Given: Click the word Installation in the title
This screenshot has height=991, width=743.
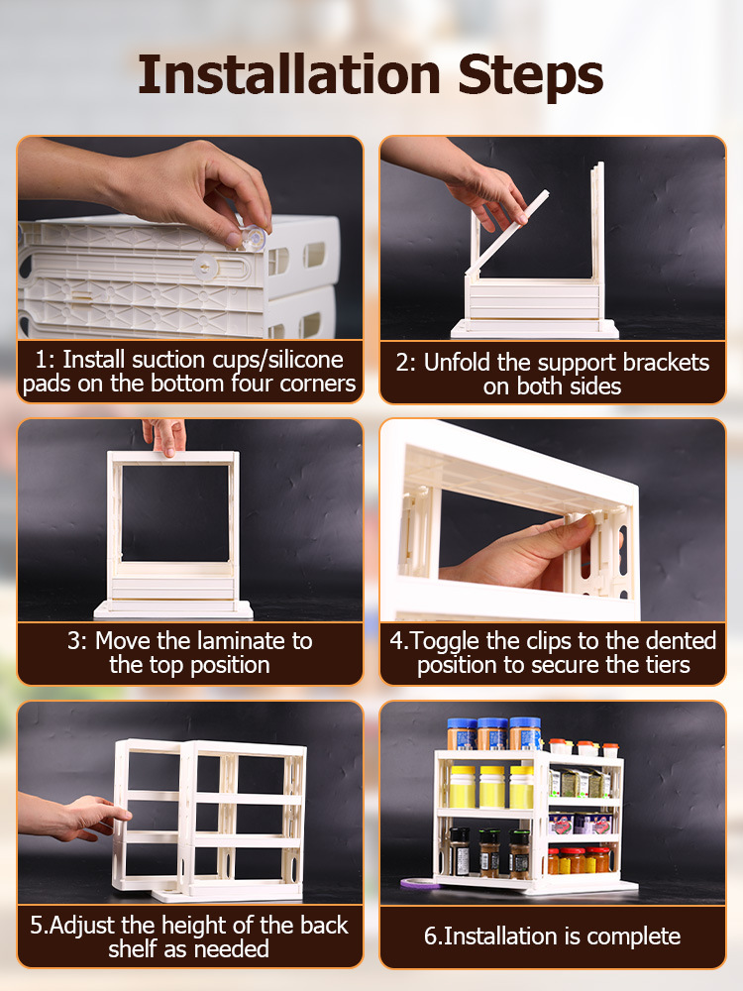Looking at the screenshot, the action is [x=288, y=74].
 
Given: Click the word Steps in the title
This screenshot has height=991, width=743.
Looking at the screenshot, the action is [x=531, y=77].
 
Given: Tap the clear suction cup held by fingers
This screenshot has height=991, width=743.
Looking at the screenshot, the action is [x=254, y=238].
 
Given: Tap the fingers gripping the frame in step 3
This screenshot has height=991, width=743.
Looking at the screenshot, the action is [x=164, y=436].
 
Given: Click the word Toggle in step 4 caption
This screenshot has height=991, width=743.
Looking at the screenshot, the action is [x=443, y=641].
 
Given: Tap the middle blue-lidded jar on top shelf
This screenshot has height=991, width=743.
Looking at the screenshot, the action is [x=492, y=733].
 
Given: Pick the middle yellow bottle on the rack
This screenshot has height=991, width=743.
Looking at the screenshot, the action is [x=492, y=787].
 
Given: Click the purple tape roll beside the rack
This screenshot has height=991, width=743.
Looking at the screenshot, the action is [x=419, y=883].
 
